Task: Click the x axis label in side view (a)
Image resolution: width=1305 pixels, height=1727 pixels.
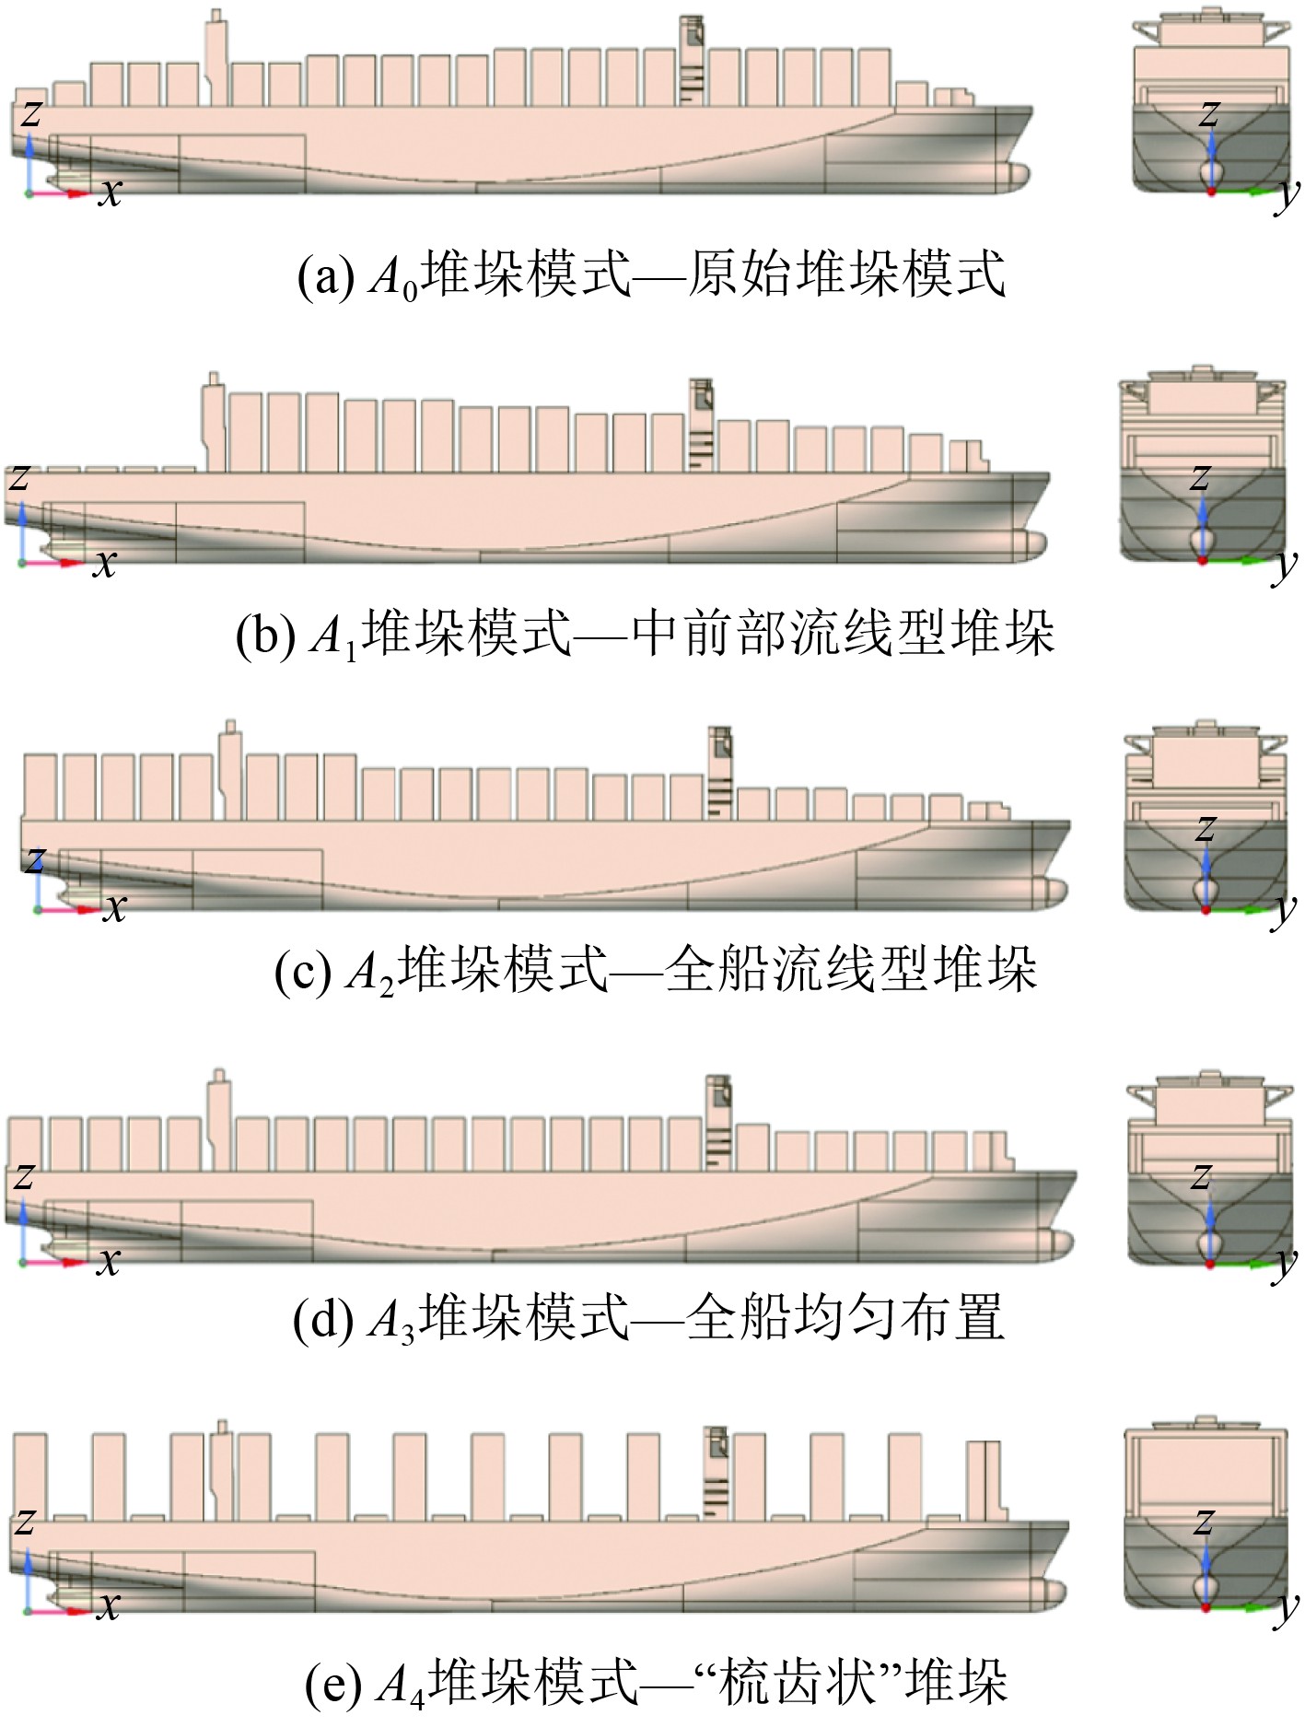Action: click(110, 192)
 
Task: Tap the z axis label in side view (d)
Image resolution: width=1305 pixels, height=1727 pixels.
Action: click(24, 1176)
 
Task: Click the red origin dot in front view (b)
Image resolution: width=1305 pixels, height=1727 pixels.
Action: click(1202, 559)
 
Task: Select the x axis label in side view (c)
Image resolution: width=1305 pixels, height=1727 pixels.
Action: click(114, 907)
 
